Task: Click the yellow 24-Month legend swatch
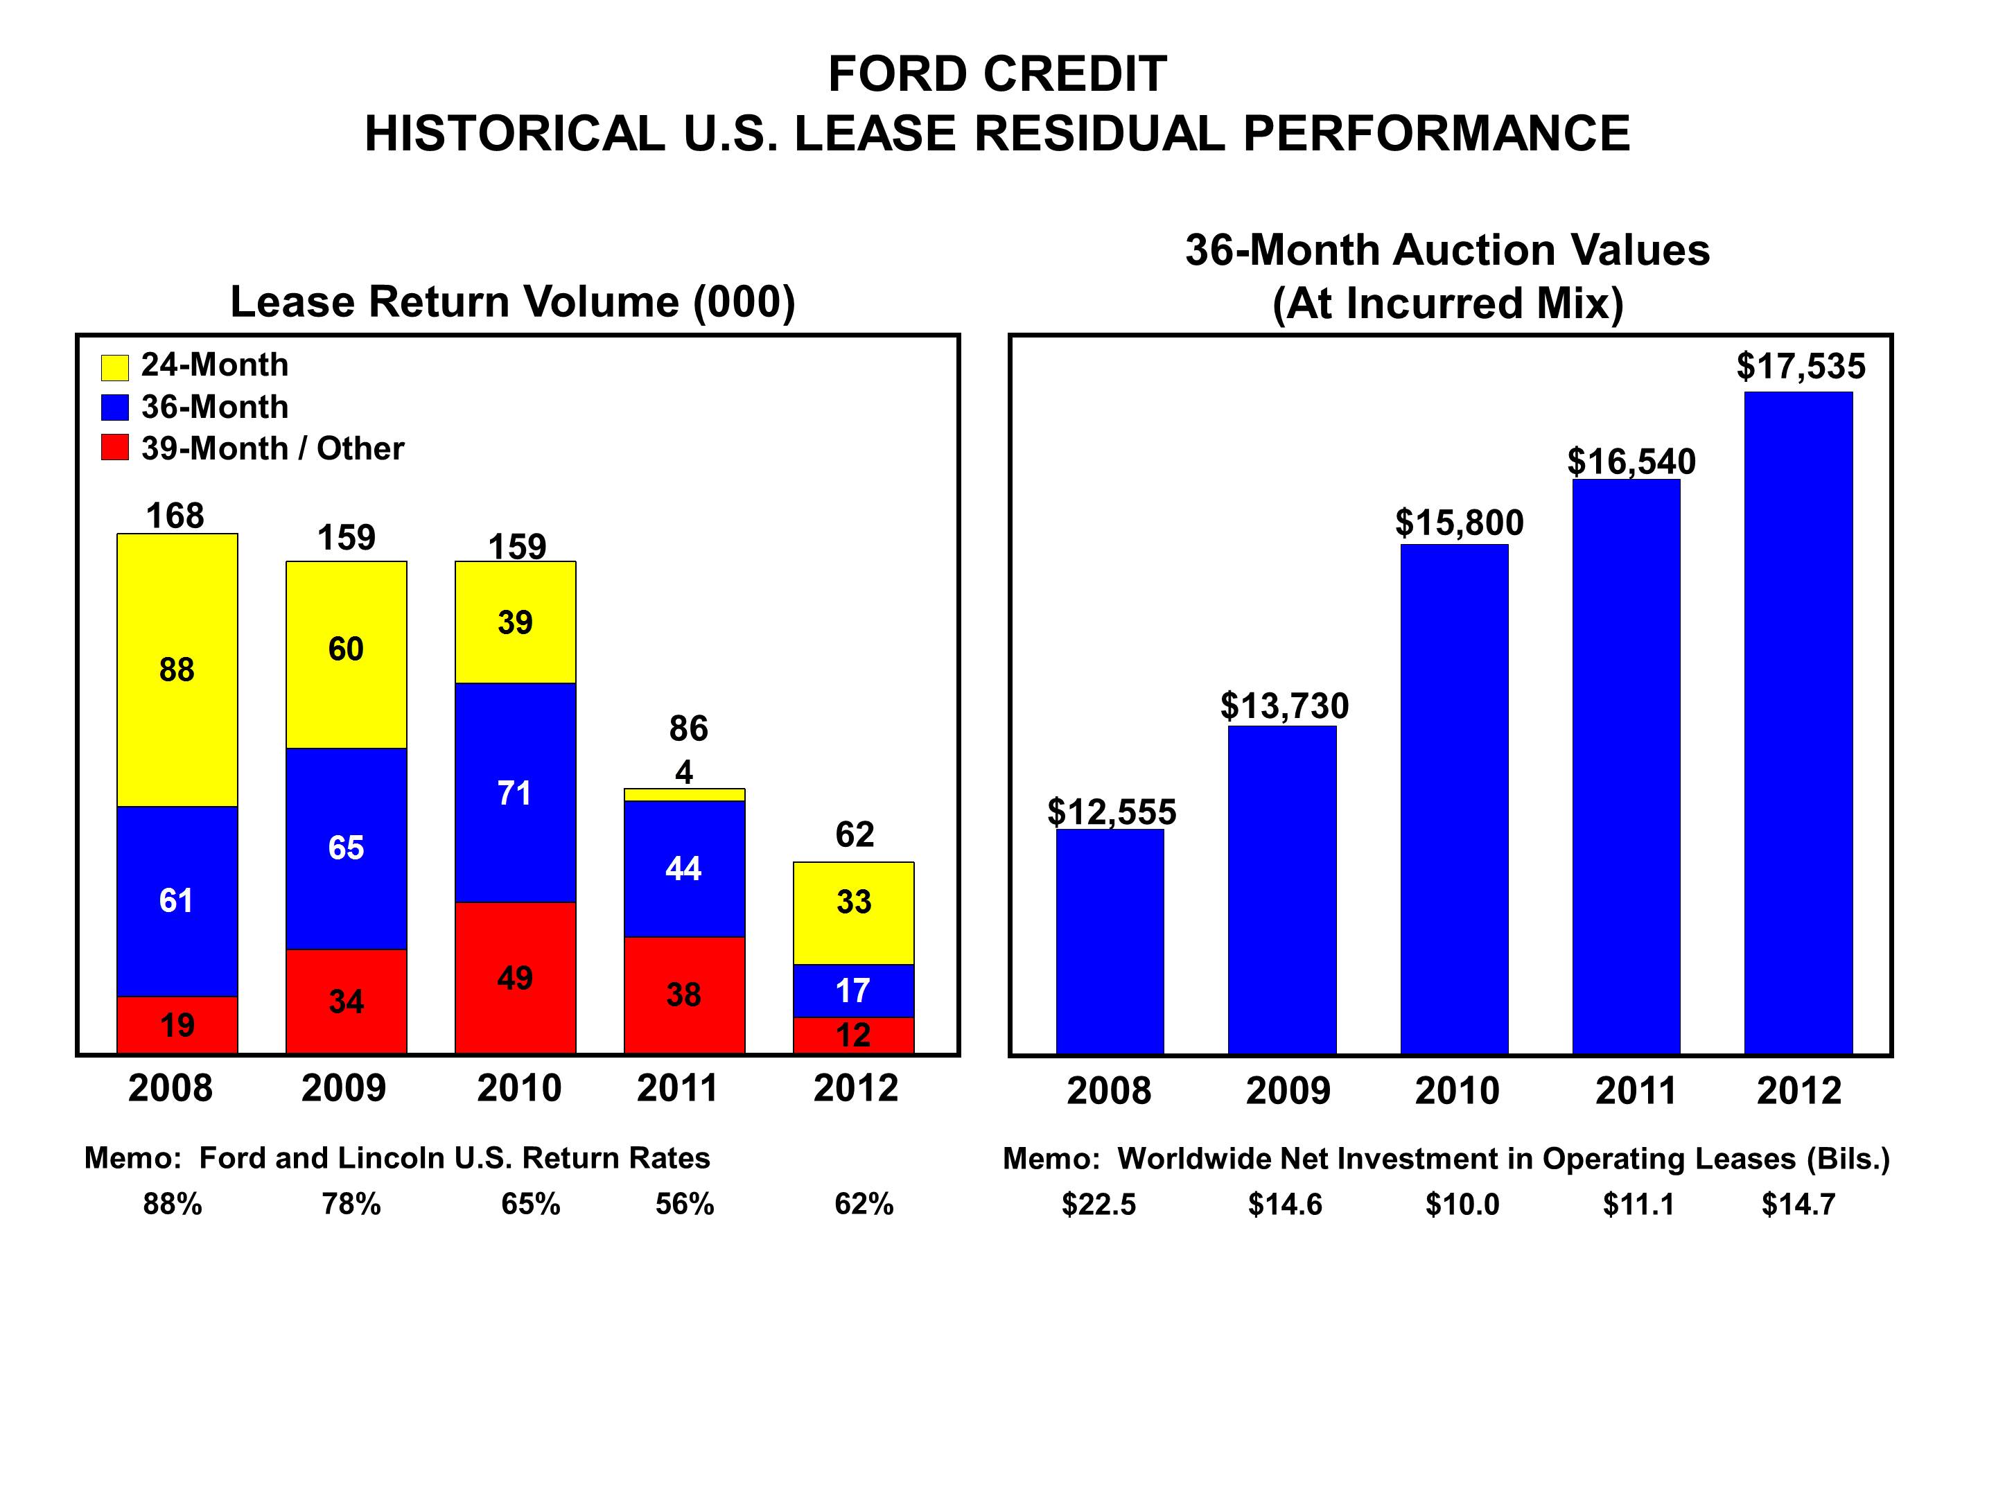(x=114, y=367)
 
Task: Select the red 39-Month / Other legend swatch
(x=114, y=448)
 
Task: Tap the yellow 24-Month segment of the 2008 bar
(x=177, y=669)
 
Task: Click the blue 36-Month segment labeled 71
(x=514, y=792)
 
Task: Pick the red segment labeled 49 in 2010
(x=514, y=977)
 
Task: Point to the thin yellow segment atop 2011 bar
(x=684, y=794)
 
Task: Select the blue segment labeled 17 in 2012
(x=852, y=991)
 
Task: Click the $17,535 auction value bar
(x=1798, y=722)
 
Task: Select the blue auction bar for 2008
(x=1110, y=940)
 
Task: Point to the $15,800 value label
(x=1459, y=523)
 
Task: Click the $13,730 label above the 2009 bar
(x=1284, y=706)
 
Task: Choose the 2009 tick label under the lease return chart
(x=343, y=1087)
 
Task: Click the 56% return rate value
(x=684, y=1204)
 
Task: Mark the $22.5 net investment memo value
(x=1098, y=1204)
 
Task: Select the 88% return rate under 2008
(x=173, y=1204)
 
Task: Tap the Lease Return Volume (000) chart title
(x=513, y=301)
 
